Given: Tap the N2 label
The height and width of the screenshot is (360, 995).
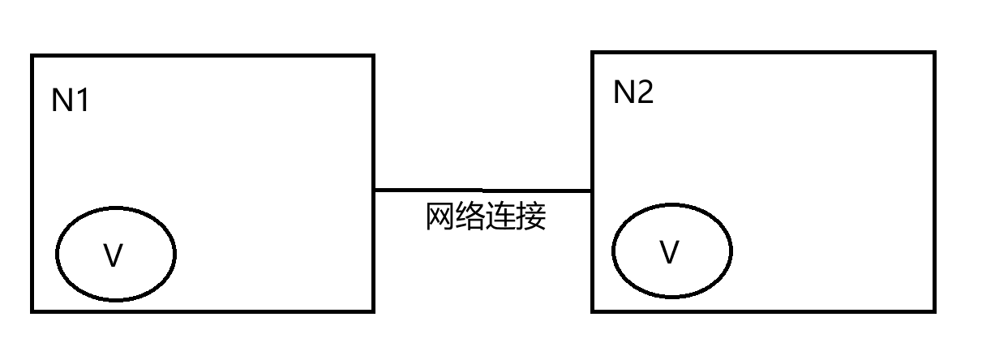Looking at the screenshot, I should [633, 93].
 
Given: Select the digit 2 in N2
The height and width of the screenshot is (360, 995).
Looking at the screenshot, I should [645, 93].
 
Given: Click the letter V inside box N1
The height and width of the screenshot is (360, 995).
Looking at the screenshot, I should [114, 256].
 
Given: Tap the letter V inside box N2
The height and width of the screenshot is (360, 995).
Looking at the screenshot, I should [669, 253].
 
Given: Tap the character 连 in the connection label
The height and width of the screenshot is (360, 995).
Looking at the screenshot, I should [500, 217].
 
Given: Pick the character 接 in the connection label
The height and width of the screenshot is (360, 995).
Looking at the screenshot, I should [531, 217].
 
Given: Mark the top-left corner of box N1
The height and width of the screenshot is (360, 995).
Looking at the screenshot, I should [32, 56].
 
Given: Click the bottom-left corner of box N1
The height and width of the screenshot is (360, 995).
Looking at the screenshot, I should [32, 311].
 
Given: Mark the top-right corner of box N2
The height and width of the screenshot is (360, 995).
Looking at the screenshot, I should [934, 54].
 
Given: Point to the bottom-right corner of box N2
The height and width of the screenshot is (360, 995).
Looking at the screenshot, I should [934, 311].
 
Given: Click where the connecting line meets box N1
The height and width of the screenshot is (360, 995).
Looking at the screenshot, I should [374, 191].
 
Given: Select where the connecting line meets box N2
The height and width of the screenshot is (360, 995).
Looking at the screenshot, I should [593, 191].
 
